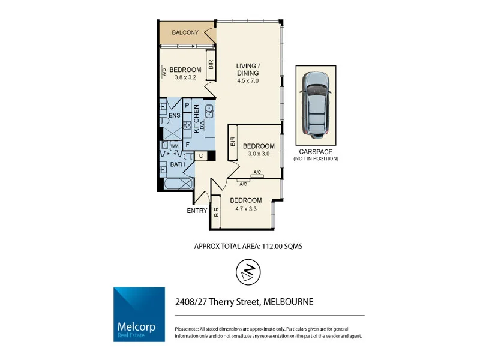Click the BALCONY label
[185, 32]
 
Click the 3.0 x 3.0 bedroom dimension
[259, 154]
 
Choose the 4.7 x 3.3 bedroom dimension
[246, 208]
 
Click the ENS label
[174, 115]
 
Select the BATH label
[178, 164]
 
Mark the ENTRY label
[197, 211]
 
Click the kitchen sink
[211, 109]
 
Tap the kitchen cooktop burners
[187, 126]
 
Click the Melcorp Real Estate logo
[139, 314]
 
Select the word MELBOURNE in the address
[288, 302]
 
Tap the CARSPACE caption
[316, 152]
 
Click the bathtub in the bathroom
[178, 184]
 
